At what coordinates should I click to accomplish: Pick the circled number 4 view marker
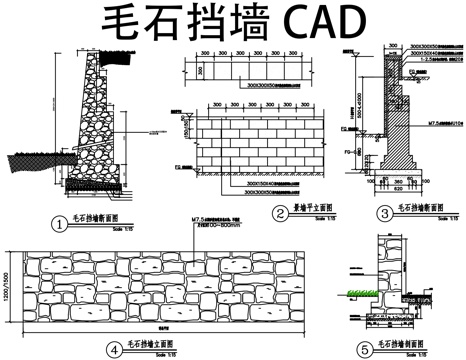tap(114, 348)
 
